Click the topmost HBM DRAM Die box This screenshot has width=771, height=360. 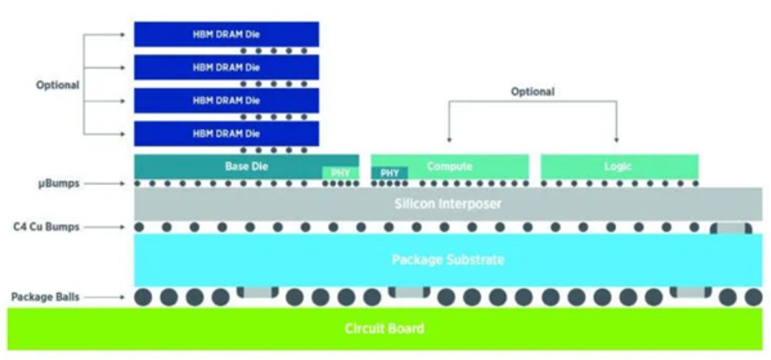pos(226,33)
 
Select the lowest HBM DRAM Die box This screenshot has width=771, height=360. pos(226,132)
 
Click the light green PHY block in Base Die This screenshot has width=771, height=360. pos(338,172)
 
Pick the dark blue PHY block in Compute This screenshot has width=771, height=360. pos(389,172)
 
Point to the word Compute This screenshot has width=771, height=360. pos(449,166)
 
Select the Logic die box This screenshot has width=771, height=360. pos(619,166)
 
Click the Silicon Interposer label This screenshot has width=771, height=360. pos(448,204)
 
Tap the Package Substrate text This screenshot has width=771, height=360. pos(448,259)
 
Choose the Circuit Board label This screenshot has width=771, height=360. pos(384,329)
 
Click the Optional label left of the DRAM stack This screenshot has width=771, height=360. pos(57,85)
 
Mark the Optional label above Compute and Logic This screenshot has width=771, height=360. pos(533,92)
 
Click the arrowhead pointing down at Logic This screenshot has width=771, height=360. pos(617,139)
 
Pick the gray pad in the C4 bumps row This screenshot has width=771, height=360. pos(731,228)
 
